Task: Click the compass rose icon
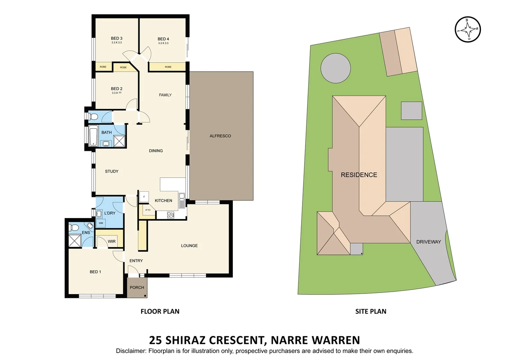468,29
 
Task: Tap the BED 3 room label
117,38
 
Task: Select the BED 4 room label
163,39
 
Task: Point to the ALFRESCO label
220,136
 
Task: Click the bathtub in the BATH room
93,136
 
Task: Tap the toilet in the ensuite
74,228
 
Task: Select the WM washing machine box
101,223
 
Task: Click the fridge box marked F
144,197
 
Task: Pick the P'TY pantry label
148,210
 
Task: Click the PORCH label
137,287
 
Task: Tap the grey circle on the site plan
335,68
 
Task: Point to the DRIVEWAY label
428,242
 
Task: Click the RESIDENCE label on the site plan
359,175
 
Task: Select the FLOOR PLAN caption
160,311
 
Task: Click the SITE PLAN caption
371,311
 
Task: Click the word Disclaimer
131,351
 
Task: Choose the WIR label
112,241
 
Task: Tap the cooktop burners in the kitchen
171,215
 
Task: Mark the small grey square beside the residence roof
411,111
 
